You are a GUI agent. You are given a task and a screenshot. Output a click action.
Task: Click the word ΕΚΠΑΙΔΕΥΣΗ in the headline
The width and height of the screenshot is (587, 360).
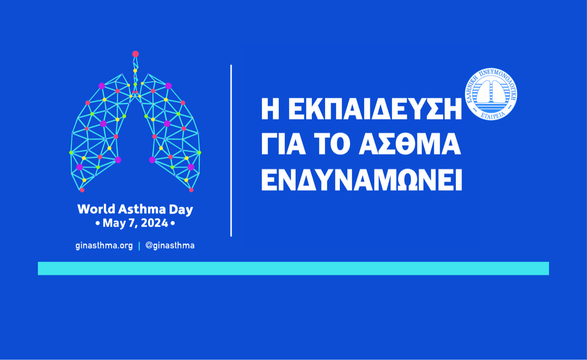(x=375, y=109)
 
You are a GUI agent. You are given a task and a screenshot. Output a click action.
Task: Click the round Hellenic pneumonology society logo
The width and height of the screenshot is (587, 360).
(x=491, y=94)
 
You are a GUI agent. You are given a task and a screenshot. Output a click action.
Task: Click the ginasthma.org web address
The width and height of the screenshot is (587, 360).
(x=104, y=246)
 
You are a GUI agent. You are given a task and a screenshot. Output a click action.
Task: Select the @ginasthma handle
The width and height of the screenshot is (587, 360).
(x=170, y=246)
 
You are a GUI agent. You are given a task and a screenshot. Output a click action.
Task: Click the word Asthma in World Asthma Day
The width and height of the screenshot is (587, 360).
(x=142, y=209)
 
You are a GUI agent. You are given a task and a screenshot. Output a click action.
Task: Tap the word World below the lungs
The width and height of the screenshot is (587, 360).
(x=96, y=209)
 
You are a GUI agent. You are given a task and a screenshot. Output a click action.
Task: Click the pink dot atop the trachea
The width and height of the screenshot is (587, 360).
(x=135, y=54)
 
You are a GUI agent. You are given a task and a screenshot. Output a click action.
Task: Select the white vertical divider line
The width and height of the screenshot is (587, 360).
(x=231, y=151)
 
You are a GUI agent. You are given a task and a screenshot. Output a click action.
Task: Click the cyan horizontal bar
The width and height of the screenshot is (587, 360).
(x=293, y=268)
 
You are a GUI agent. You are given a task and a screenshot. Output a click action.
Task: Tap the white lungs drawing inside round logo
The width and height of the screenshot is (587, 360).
(x=491, y=92)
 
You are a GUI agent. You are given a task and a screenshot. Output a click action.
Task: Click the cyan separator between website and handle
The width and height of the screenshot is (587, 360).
(x=139, y=246)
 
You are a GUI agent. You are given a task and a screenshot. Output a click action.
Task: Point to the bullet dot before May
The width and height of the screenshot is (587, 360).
(x=98, y=223)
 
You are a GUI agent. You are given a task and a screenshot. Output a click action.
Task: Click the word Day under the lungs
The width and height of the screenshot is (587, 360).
(x=181, y=210)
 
